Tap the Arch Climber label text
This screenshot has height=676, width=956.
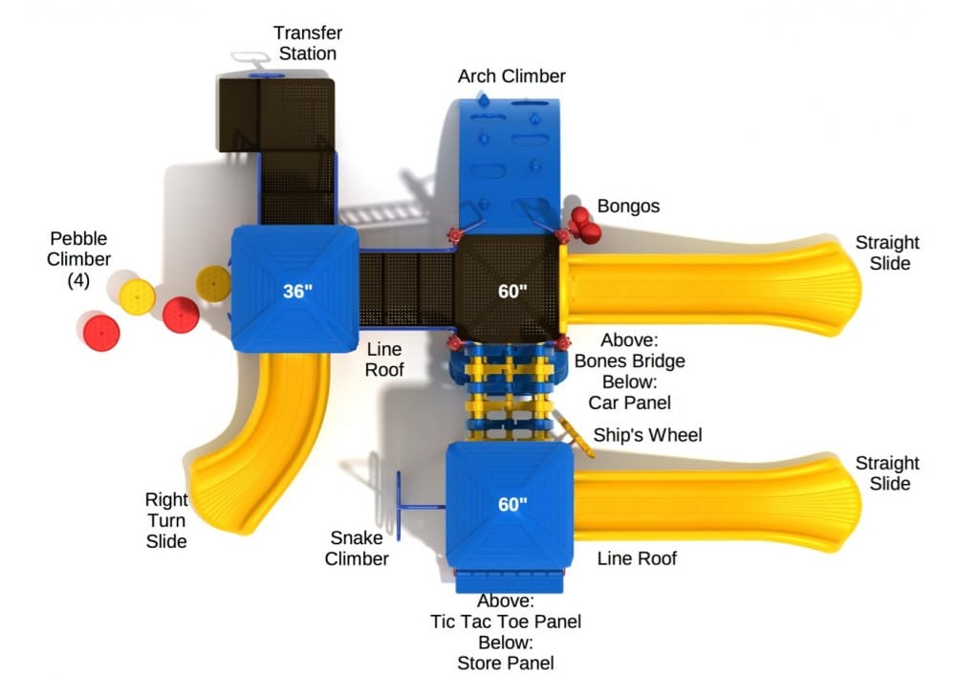[511, 76]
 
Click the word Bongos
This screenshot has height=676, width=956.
[628, 206]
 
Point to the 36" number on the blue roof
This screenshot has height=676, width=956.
[297, 291]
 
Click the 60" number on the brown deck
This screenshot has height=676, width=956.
[512, 291]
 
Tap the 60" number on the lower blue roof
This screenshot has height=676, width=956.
[512, 504]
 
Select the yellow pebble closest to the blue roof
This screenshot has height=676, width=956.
[213, 283]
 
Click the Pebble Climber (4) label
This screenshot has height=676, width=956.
[80, 258]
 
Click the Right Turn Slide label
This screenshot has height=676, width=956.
[166, 520]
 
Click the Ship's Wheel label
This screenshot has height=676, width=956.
[647, 436]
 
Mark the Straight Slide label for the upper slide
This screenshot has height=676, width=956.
[887, 252]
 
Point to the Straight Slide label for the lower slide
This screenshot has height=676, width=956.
[887, 473]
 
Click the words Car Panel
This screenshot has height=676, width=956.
[629, 402]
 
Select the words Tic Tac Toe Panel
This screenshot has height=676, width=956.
[506, 621]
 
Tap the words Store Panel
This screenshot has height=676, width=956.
[506, 663]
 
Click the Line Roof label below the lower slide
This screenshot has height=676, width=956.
[637, 558]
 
